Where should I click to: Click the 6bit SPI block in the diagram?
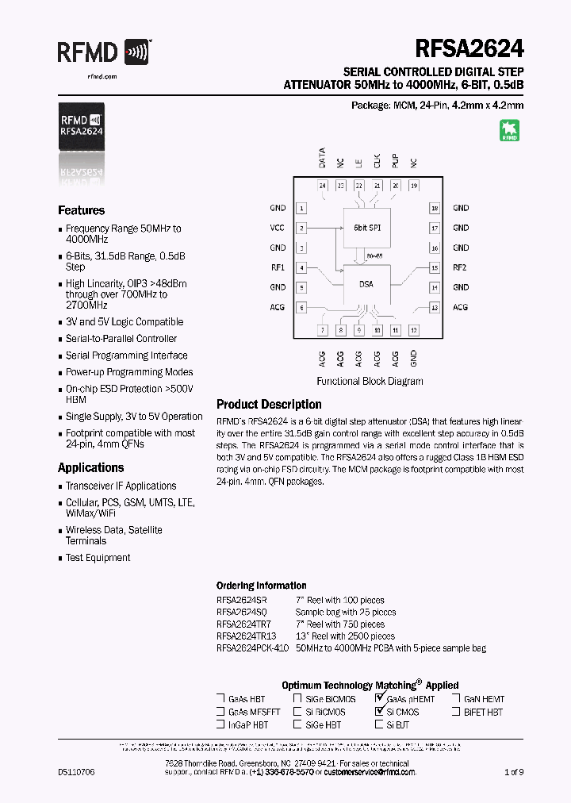(x=366, y=228)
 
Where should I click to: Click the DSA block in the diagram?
(x=366, y=284)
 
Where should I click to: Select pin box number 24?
(x=322, y=186)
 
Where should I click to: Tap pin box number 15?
(x=435, y=267)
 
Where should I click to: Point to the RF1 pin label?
(x=278, y=267)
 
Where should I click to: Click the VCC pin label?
(x=278, y=228)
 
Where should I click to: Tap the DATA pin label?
(x=322, y=158)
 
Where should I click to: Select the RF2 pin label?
(x=460, y=267)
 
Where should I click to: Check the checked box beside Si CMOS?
(x=379, y=712)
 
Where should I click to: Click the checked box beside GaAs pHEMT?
(x=379, y=699)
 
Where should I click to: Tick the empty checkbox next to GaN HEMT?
(x=458, y=699)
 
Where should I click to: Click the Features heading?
(x=81, y=210)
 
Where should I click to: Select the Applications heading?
(x=90, y=467)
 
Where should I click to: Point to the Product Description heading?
(x=269, y=404)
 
